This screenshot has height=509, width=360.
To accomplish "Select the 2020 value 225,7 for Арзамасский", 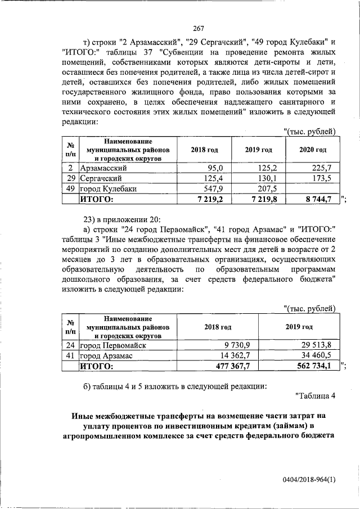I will click(x=321, y=168).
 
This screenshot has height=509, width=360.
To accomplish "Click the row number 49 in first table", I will click(x=70, y=188).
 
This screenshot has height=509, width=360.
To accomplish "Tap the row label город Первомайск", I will click(x=113, y=345).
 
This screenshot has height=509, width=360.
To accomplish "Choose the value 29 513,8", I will click(x=316, y=345).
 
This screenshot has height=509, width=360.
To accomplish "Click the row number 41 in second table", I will click(x=70, y=355).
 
